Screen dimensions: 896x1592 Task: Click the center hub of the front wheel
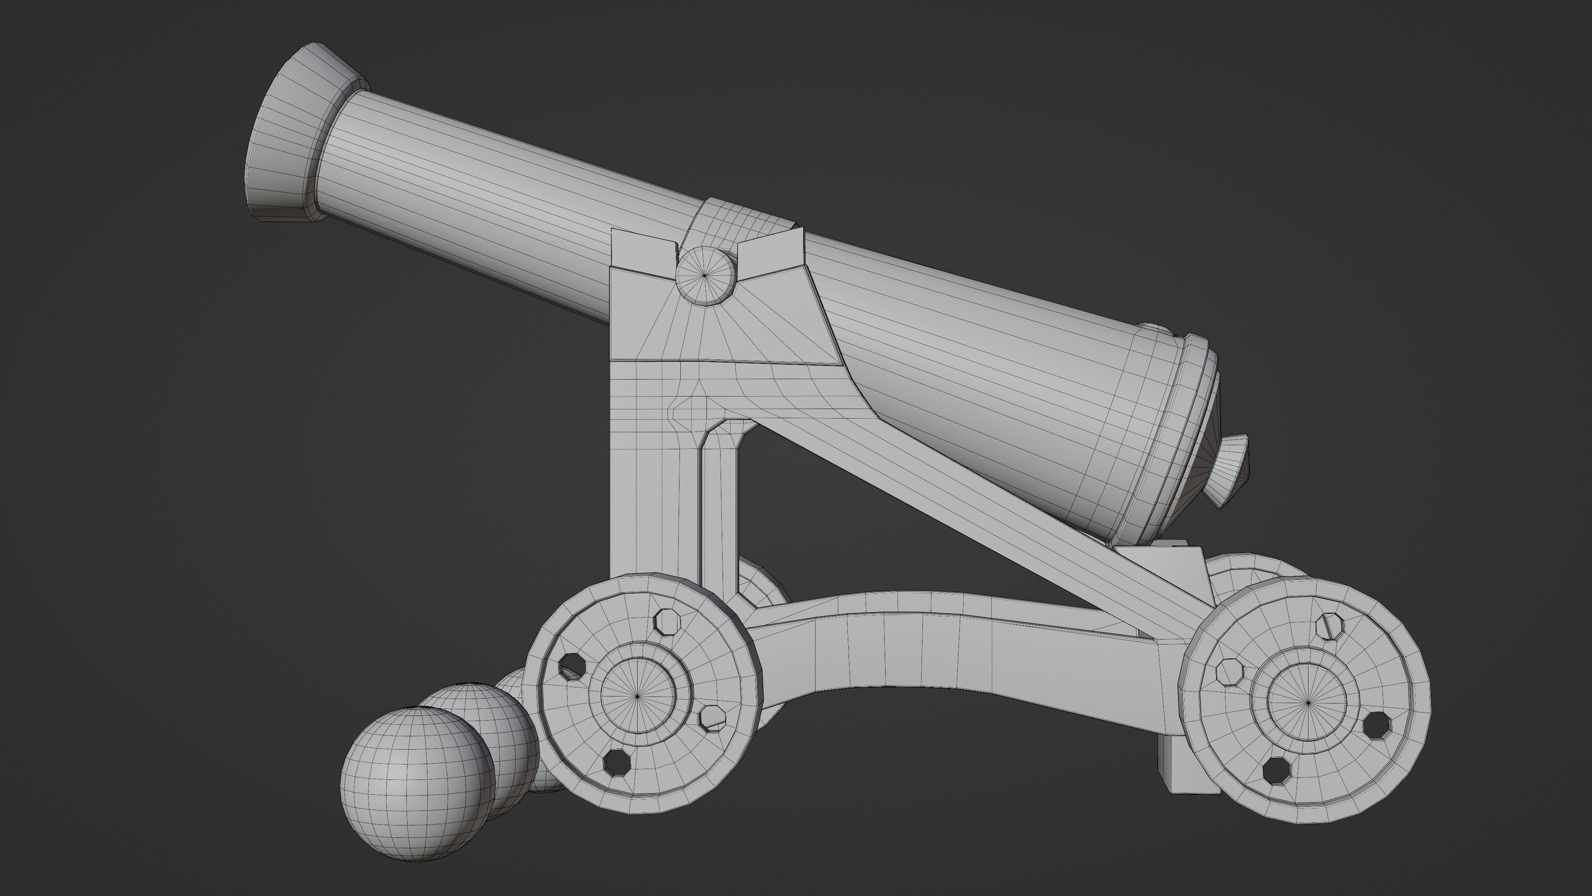click(x=638, y=696)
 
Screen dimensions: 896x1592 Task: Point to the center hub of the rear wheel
click(x=1308, y=702)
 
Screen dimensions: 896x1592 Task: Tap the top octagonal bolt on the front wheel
click(x=667, y=621)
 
